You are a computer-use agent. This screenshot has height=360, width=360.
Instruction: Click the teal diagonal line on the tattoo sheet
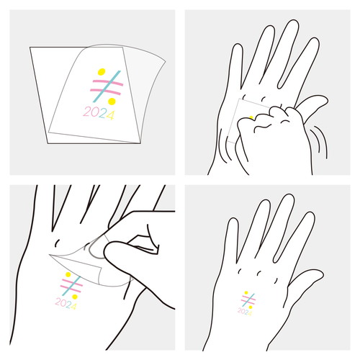(x=107, y=86)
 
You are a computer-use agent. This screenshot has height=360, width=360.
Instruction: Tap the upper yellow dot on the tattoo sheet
(x=102, y=72)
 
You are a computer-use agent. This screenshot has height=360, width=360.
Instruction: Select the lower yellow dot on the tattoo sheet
(x=112, y=102)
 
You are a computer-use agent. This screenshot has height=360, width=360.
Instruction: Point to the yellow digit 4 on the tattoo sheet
(x=110, y=115)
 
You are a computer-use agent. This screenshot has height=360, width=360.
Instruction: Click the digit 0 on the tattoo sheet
(x=94, y=112)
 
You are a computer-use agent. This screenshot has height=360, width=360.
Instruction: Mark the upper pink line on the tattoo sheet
(x=108, y=83)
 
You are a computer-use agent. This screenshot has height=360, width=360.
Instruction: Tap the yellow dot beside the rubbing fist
(x=251, y=117)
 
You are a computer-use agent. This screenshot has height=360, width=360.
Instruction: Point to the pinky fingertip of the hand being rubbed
(x=237, y=47)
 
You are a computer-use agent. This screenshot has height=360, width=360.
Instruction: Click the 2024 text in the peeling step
(x=66, y=303)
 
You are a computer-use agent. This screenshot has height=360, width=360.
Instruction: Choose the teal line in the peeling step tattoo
(x=71, y=286)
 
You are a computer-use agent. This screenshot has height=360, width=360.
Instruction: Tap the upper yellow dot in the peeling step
(x=68, y=274)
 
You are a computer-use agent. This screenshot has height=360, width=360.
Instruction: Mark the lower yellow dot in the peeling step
(x=75, y=297)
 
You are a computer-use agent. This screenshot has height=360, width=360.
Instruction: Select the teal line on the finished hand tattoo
(x=248, y=300)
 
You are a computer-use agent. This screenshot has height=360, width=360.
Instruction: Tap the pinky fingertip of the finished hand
(x=233, y=221)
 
